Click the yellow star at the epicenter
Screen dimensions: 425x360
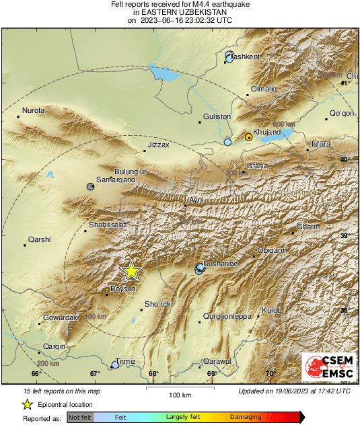coord(131,270)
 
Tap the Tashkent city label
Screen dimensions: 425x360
coord(245,58)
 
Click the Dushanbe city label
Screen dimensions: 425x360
coord(221,264)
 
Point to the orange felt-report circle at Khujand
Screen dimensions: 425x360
coord(248,137)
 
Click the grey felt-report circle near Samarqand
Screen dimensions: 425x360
coord(91,186)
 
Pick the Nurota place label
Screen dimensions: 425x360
coord(33,110)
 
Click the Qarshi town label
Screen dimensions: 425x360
coord(39,239)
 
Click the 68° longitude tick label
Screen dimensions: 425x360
coord(153,374)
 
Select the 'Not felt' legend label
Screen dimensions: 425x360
coord(79,418)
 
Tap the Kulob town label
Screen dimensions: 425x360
coord(271,310)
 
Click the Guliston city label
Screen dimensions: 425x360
coord(217,116)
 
